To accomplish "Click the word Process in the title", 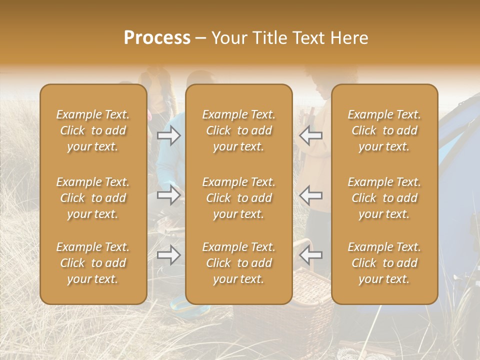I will (157, 38).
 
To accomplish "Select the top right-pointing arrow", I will (169, 135).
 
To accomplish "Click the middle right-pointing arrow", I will (169, 195).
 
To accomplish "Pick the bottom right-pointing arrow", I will (169, 255).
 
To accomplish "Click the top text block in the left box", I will (93, 130).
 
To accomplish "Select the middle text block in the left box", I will (93, 198).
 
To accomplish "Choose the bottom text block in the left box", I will (93, 263).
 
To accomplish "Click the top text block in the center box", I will (239, 130).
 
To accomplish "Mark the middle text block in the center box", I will (239, 198).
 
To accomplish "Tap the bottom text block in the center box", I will (239, 263).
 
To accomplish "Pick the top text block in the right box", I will (384, 130).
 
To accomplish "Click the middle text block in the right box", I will (384, 198).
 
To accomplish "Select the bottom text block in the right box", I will (384, 263).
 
